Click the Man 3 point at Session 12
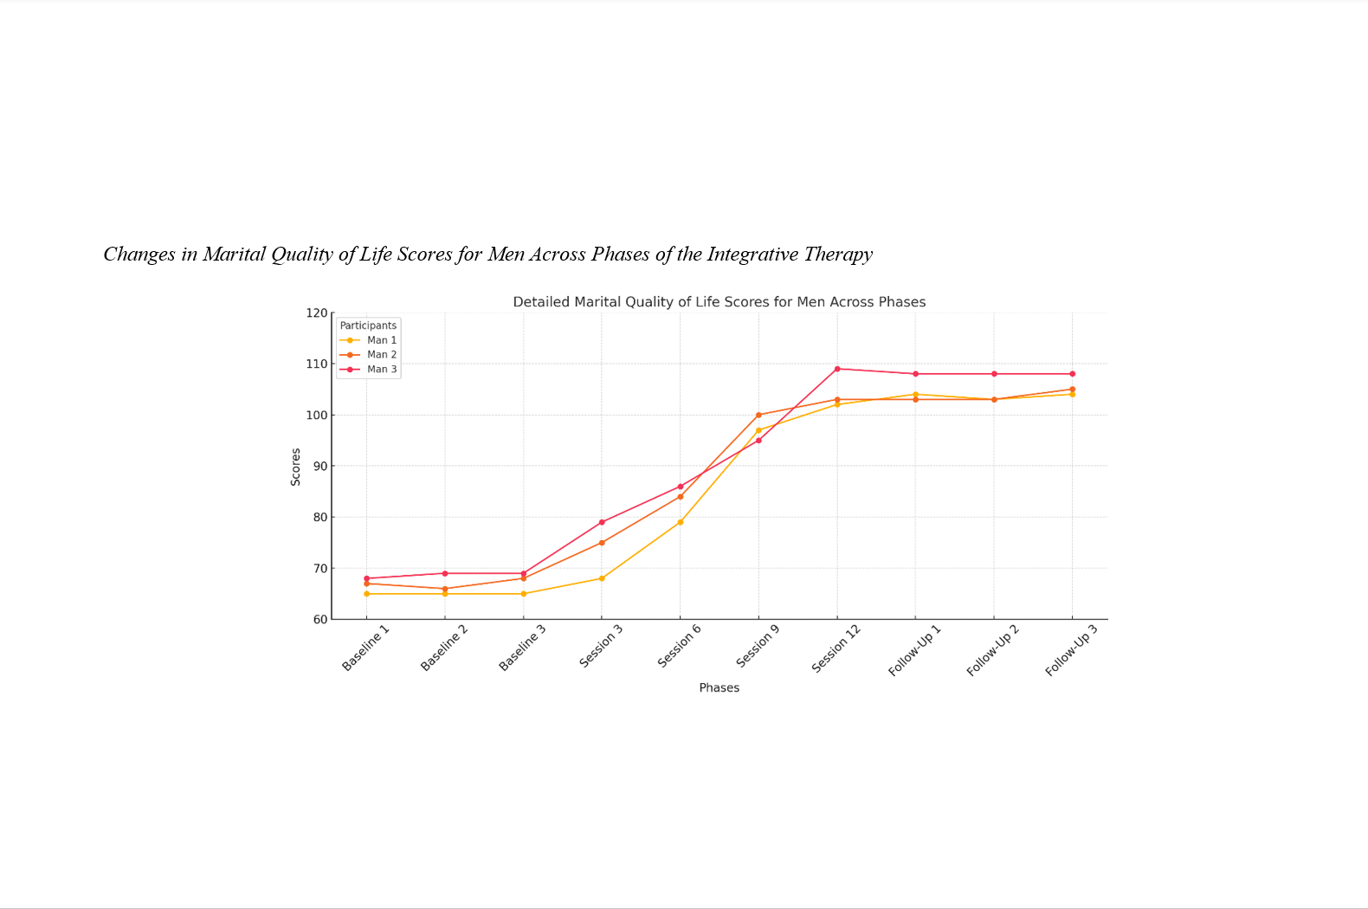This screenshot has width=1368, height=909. (x=837, y=369)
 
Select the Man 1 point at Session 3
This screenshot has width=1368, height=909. (x=602, y=578)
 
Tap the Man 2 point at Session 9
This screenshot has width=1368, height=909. (x=758, y=415)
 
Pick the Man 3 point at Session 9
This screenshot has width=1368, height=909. (x=758, y=441)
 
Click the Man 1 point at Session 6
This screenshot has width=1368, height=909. (x=681, y=522)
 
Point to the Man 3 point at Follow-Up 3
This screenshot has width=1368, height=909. (x=1072, y=374)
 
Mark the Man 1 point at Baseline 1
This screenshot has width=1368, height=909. (x=367, y=594)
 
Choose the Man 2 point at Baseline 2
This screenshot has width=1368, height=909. (x=445, y=589)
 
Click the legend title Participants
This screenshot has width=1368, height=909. (x=368, y=326)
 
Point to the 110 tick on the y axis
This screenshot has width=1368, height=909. (x=317, y=364)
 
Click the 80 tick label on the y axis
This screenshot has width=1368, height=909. (x=319, y=518)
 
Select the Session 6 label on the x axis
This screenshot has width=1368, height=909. (x=679, y=647)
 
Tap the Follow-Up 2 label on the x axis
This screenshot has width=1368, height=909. (x=992, y=650)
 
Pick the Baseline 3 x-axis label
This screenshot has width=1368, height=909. (x=522, y=648)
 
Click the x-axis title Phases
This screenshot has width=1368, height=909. (x=719, y=687)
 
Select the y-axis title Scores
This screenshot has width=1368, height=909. (x=296, y=467)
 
